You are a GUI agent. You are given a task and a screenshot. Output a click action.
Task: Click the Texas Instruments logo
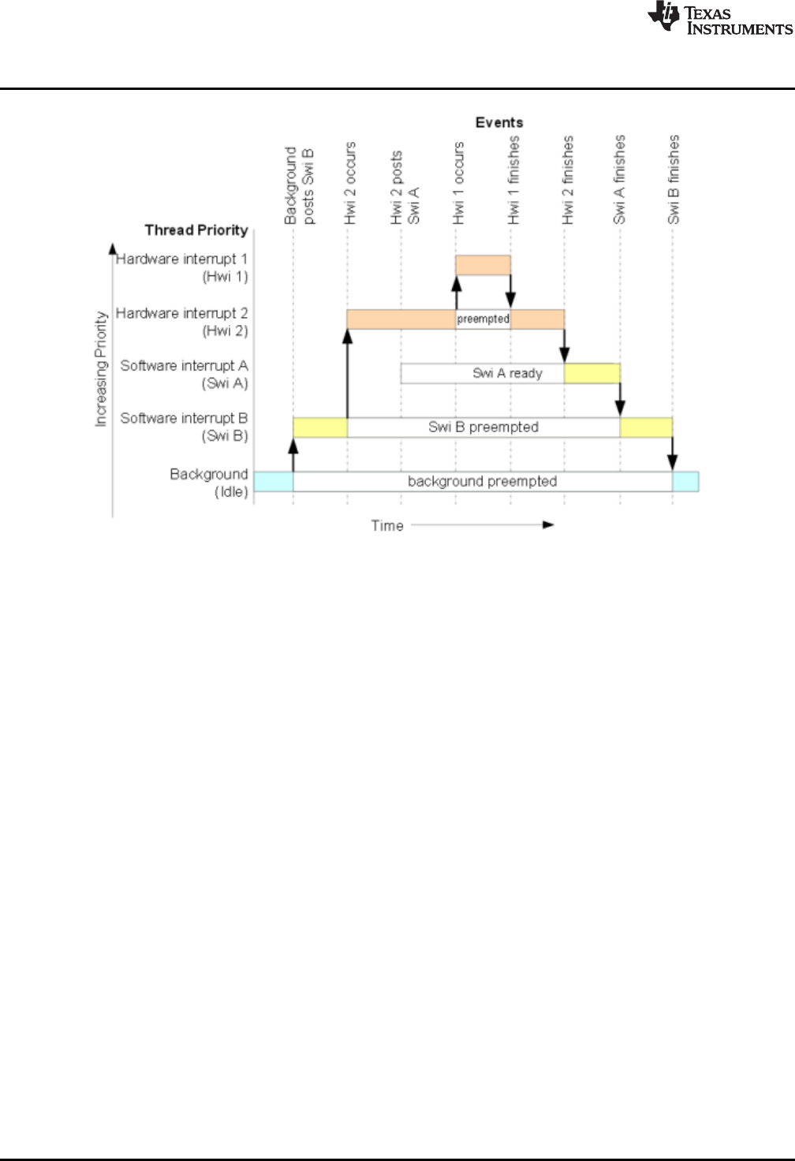coord(719,19)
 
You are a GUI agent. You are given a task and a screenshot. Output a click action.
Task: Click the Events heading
coord(499,122)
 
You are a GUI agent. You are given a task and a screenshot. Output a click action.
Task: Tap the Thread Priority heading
coord(196,230)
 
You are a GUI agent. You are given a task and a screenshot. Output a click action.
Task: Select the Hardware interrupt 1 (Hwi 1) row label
coord(182,267)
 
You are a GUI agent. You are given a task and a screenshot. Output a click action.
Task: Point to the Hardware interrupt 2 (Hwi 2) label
coord(182,322)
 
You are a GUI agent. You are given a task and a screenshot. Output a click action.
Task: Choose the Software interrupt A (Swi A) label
coord(185,374)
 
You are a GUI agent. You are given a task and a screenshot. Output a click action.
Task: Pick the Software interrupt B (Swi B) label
coord(185,427)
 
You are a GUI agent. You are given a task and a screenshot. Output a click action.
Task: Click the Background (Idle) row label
coord(209,483)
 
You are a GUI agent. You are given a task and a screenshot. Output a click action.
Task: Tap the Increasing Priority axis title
coord(101,369)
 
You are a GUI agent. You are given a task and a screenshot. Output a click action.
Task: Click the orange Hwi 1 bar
coord(483,265)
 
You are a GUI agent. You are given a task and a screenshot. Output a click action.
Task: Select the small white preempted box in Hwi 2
coord(483,319)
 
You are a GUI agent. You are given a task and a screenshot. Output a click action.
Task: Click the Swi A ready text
coord(507,373)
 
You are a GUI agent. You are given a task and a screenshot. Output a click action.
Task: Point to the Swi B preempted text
coord(483,427)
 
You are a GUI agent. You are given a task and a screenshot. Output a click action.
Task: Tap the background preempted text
coord(482,481)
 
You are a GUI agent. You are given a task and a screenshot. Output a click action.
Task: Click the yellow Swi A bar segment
coord(592,373)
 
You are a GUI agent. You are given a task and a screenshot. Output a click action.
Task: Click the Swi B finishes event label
coord(674,180)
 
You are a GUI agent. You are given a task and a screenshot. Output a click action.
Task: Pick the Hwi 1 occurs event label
coord(459,183)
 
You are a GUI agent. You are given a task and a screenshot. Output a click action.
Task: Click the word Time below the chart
coord(387,525)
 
